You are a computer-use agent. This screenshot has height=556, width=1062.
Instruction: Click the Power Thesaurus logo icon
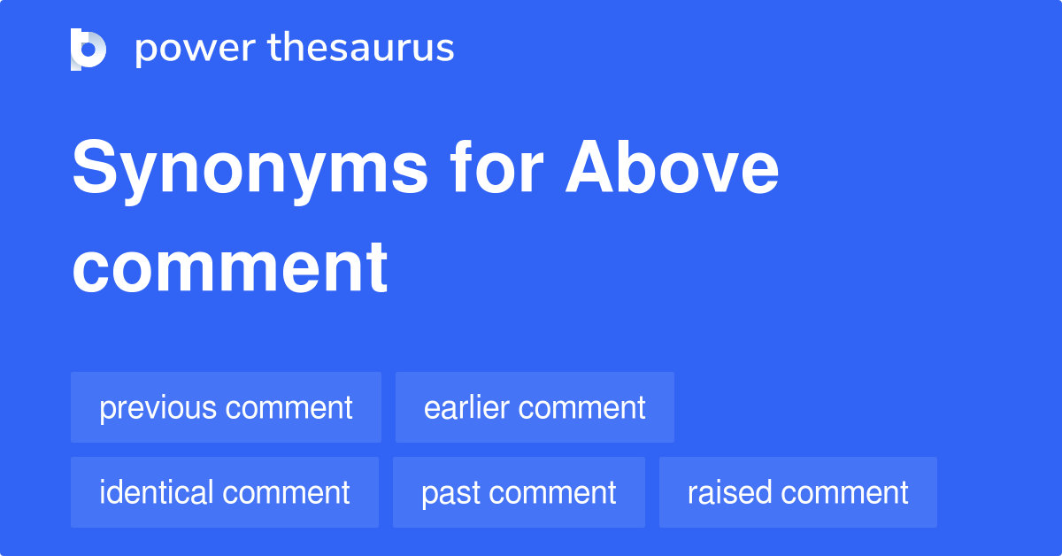pyautogui.click(x=88, y=49)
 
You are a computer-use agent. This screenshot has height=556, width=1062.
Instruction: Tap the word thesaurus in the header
pyautogui.click(x=361, y=49)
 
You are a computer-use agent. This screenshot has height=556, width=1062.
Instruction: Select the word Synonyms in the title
pyautogui.click(x=250, y=171)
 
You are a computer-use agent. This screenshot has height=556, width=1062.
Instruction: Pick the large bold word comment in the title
pyautogui.click(x=230, y=266)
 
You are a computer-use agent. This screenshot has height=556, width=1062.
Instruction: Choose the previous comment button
pyautogui.click(x=226, y=407)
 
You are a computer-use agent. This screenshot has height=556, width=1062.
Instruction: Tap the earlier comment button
pyautogui.click(x=535, y=407)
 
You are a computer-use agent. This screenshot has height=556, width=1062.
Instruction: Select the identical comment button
pyautogui.click(x=225, y=492)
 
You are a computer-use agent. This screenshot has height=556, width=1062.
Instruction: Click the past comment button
pyautogui.click(x=519, y=492)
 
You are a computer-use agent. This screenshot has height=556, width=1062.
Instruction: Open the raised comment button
pyautogui.click(x=797, y=492)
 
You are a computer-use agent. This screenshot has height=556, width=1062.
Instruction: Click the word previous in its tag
pyautogui.click(x=158, y=408)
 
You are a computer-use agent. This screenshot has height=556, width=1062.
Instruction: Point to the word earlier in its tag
pyautogui.click(x=466, y=407)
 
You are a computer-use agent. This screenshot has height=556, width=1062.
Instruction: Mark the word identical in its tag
pyautogui.click(x=157, y=492)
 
